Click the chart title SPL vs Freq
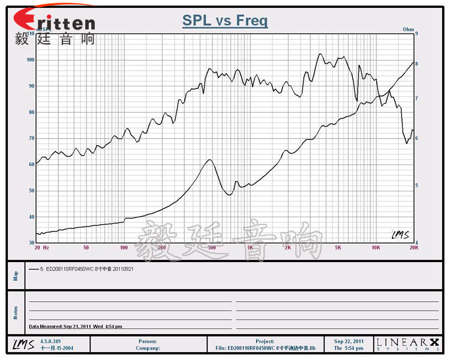[x=225, y=21]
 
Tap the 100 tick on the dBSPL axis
[x=30, y=60]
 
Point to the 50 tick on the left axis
[x=31, y=191]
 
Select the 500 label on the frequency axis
[x=211, y=247]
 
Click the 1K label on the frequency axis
[x=250, y=247]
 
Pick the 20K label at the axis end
[x=413, y=247]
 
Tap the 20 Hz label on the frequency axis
[x=42, y=247]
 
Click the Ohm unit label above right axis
[x=408, y=29]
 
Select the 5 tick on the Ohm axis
[x=417, y=185]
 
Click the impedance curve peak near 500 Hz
[x=209, y=160]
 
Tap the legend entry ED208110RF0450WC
[x=90, y=269]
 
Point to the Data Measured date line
[x=76, y=326]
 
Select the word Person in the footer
[x=148, y=341]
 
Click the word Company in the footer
[x=148, y=348]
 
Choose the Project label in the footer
[x=265, y=341]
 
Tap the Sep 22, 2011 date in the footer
[x=349, y=341]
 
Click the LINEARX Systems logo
[x=407, y=344]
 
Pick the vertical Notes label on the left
[x=16, y=313]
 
